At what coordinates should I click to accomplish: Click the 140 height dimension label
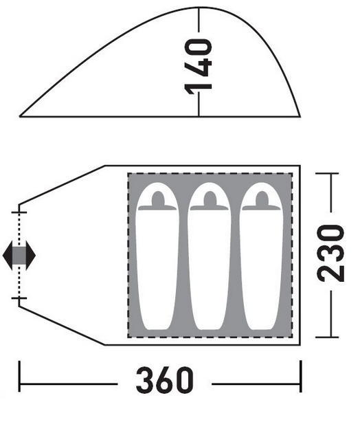click(199, 67)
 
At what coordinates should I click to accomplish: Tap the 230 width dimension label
click(330, 254)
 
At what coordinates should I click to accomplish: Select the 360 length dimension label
click(165, 380)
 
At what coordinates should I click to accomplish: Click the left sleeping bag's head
click(157, 199)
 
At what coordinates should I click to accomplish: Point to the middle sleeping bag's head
click(210, 199)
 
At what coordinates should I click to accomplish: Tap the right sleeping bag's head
click(262, 199)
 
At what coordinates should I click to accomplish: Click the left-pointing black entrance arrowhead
click(8, 256)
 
